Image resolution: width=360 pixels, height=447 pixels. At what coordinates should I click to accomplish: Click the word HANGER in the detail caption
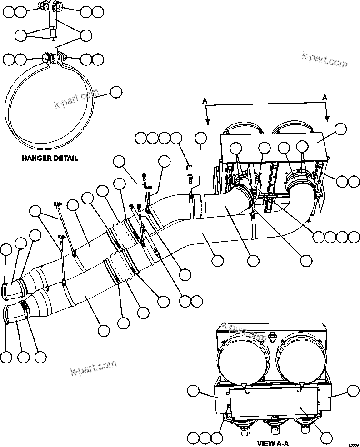35,159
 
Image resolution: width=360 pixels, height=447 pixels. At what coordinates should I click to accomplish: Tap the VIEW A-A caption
273,443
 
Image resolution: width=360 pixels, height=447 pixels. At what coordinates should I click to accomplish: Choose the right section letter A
325,97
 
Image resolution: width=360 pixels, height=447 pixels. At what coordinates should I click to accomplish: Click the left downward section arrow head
208,121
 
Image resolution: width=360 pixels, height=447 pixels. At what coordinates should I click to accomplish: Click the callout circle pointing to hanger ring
116,92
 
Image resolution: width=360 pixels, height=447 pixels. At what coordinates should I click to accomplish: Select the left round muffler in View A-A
242,360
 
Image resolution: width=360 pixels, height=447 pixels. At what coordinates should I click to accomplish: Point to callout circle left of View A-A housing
194,392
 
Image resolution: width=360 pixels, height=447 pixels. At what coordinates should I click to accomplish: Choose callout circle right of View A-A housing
353,391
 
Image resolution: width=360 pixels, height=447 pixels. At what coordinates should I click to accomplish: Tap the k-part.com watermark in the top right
325,60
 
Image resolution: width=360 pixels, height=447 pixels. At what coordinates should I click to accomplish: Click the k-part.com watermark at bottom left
94,368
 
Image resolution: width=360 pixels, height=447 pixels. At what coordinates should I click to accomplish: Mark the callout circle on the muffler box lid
340,129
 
